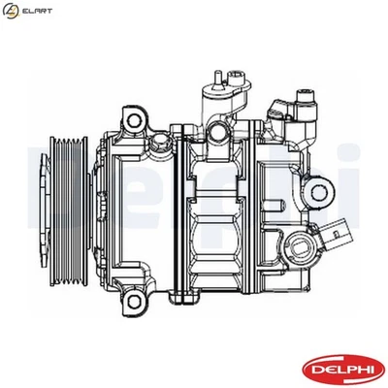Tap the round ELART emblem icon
click(x=12, y=11)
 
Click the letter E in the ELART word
click(x=24, y=11)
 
